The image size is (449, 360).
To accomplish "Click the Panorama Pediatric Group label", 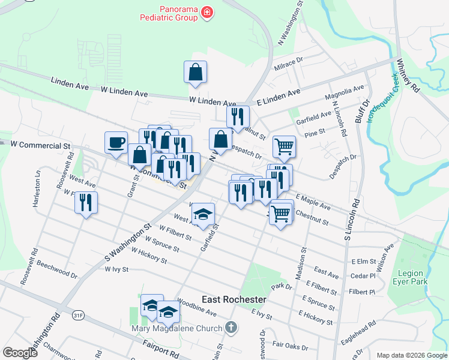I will (x=170, y=13).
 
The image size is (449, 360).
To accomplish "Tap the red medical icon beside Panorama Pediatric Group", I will (x=207, y=13).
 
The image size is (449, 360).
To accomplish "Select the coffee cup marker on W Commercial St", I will (x=116, y=143).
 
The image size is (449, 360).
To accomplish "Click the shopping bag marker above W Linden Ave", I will (x=196, y=72).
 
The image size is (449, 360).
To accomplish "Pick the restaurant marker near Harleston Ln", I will (x=86, y=202).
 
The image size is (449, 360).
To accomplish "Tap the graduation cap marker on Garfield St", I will (x=203, y=214).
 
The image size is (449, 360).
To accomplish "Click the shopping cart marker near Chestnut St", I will (x=280, y=213).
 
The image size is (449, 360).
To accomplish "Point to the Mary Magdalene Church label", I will (x=178, y=328).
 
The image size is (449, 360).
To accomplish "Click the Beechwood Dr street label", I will (x=58, y=270).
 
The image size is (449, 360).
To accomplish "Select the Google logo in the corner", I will (x=20, y=352).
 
